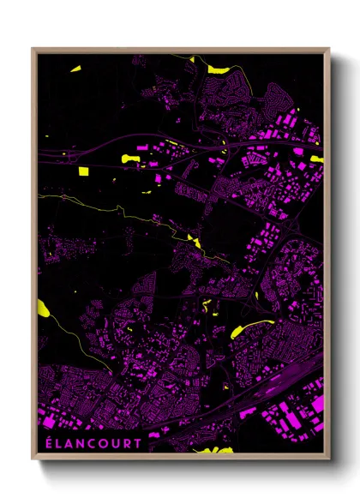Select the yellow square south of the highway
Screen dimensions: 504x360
pyautogui.click(x=84, y=171)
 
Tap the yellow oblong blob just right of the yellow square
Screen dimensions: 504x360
pyautogui.click(x=133, y=157)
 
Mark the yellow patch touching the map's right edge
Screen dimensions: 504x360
pyautogui.click(x=318, y=159)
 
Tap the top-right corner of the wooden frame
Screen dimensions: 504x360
pyautogui.click(x=328, y=50)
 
